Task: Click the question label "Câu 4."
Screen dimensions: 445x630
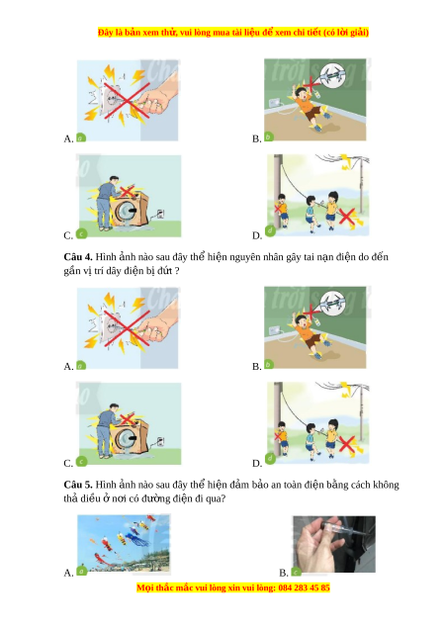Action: (x=78, y=257)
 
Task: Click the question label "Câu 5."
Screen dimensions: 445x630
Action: (x=78, y=485)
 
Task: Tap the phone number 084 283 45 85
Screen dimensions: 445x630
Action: (x=304, y=587)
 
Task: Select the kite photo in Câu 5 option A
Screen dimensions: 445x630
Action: (x=124, y=542)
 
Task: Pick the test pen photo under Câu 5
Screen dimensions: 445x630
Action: (x=334, y=544)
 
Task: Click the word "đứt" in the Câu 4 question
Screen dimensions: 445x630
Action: (x=165, y=271)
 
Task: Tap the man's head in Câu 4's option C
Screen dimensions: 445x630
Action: (x=114, y=407)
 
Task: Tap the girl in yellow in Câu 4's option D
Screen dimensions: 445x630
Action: (x=331, y=437)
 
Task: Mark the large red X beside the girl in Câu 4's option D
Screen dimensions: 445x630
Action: (x=347, y=444)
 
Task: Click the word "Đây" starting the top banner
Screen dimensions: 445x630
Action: (x=105, y=33)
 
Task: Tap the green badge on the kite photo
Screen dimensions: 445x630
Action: (x=82, y=570)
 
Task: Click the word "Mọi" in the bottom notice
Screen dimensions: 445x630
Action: (x=145, y=587)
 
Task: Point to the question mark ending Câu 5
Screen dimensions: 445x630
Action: (x=222, y=499)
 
